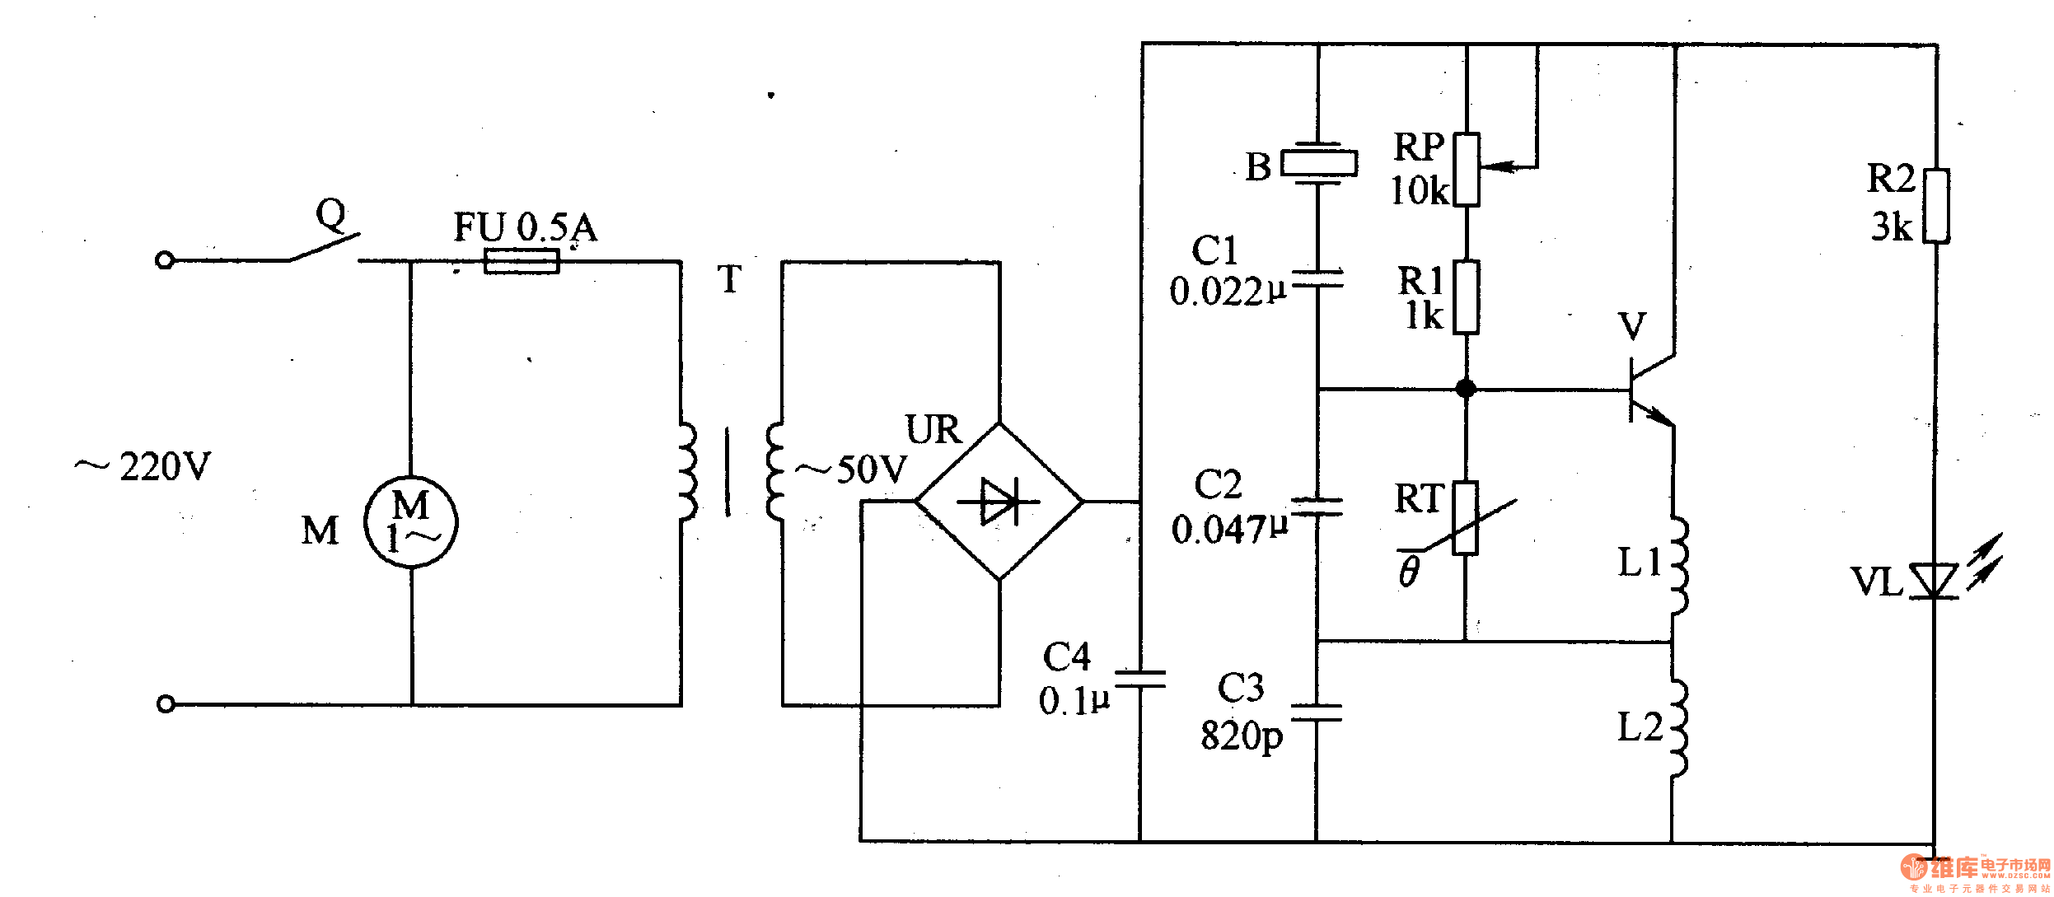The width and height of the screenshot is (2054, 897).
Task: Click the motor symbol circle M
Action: pyautogui.click(x=410, y=522)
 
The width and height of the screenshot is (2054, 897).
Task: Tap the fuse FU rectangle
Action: pyautogui.click(x=522, y=262)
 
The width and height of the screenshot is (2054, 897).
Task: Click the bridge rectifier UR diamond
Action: pyautogui.click(x=999, y=501)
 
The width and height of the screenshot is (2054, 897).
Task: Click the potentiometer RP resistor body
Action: pyautogui.click(x=1467, y=169)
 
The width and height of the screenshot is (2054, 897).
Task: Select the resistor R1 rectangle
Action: pyautogui.click(x=1467, y=297)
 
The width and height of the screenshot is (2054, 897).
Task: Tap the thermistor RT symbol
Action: pyautogui.click(x=1465, y=518)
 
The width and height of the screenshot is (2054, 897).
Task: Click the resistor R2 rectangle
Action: pyautogui.click(x=1936, y=206)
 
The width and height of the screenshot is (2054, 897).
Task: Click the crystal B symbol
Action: pyautogui.click(x=1318, y=162)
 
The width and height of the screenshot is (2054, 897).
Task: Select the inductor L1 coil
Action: pyautogui.click(x=1677, y=566)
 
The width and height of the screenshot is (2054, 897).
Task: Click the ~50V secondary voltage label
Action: pyautogui.click(x=851, y=470)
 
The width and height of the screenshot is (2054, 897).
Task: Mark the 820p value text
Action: pyautogui.click(x=1241, y=736)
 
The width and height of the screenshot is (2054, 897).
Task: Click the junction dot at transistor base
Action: pyautogui.click(x=1466, y=389)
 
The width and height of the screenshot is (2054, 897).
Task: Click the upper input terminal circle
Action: pyautogui.click(x=165, y=261)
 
